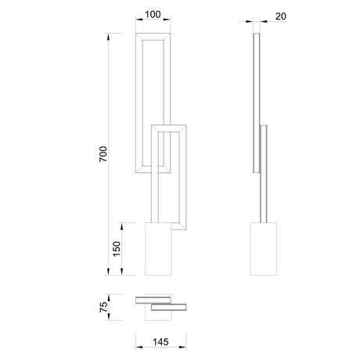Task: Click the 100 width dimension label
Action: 153,15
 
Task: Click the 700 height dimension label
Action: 103,154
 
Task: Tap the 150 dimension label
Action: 117,249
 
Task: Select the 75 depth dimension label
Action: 103,307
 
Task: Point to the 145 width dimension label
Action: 160,342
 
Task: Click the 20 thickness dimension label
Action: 281,16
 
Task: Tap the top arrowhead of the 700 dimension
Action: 108,37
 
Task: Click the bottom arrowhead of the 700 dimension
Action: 108,272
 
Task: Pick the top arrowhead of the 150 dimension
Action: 121,226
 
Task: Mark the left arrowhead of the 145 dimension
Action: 139,347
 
